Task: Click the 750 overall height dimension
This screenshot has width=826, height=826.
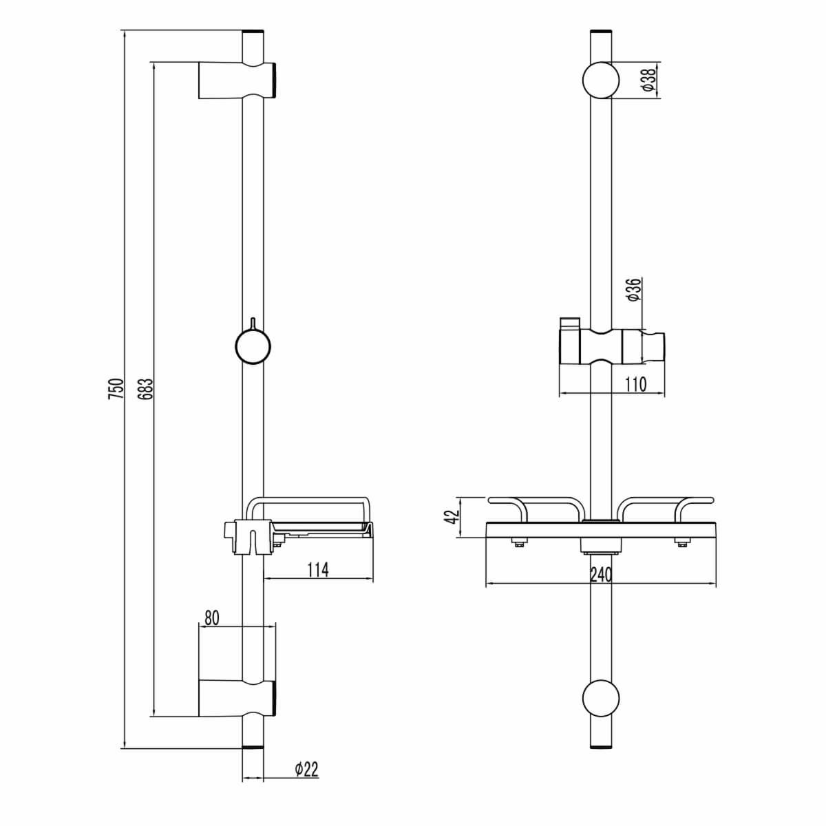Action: tap(116, 389)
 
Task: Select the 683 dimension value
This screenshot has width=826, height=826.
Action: tap(146, 389)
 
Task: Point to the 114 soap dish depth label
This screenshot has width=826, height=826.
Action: tap(318, 570)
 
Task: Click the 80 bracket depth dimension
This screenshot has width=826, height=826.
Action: tap(212, 617)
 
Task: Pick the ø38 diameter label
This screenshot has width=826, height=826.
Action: tap(649, 80)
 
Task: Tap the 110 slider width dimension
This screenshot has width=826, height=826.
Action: tap(635, 385)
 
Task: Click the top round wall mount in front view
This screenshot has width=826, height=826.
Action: tap(600, 80)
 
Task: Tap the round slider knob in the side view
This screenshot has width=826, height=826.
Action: tap(253, 346)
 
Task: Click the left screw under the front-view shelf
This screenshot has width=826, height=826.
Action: tap(520, 544)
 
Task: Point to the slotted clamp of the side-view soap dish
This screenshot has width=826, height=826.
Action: tap(248, 538)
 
